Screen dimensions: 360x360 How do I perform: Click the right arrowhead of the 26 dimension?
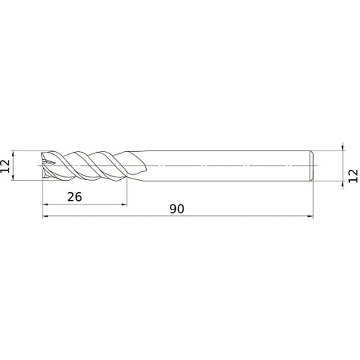coord(125,204)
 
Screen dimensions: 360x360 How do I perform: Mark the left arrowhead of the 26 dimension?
coord(45,204)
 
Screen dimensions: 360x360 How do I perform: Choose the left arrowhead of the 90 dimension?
coord(45,216)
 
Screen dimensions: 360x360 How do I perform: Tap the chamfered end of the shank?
coord(312,165)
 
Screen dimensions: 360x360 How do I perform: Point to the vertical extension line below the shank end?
coord(315,198)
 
